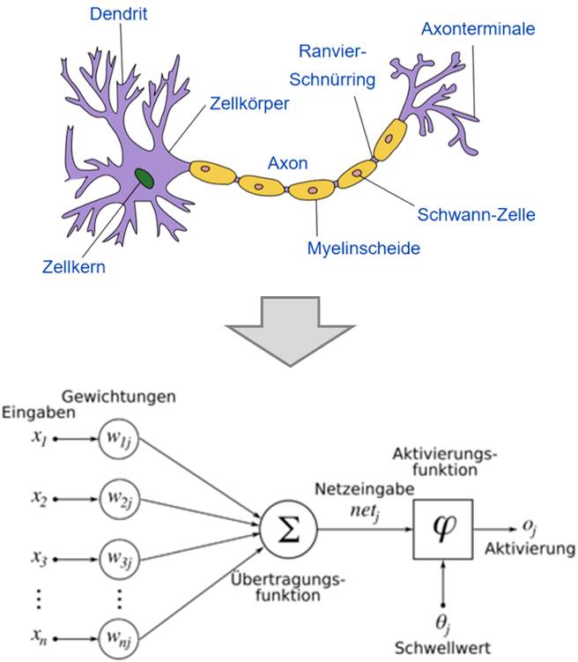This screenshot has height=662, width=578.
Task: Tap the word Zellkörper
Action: click(250, 103)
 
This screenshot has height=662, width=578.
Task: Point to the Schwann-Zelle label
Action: click(475, 213)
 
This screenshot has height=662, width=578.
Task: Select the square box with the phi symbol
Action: click(442, 529)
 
